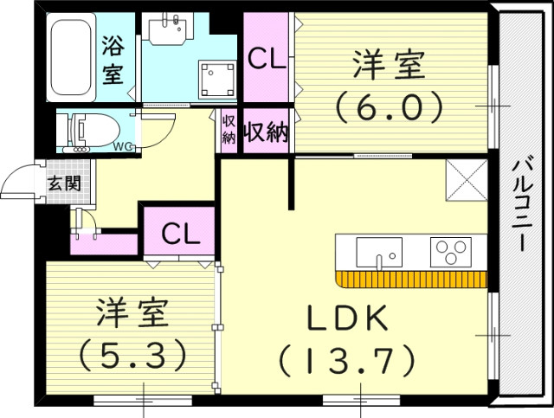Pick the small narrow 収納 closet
tap(229, 131)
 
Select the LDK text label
tap(346, 319)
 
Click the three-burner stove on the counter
tap(450, 252)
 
